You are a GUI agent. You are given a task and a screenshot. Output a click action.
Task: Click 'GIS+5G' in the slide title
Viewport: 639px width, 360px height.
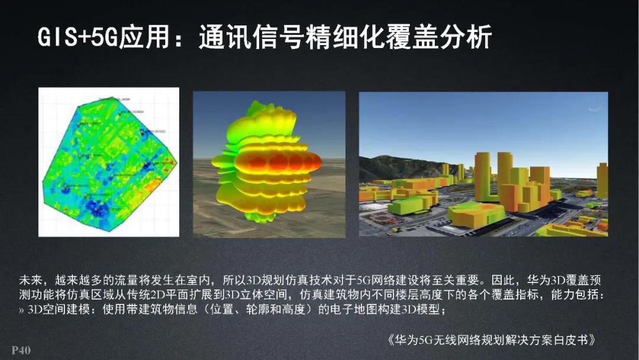[78, 38]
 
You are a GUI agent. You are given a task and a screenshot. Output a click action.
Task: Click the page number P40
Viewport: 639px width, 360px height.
[21, 350]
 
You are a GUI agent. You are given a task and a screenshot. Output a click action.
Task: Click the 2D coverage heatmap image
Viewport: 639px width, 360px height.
[108, 162]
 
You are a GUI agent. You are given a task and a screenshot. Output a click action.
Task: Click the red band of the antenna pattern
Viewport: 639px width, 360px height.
[278, 162]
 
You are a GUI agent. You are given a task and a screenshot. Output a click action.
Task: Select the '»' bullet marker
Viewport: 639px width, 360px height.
[22, 310]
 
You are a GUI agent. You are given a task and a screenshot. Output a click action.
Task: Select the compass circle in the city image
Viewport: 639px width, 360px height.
[594, 105]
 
